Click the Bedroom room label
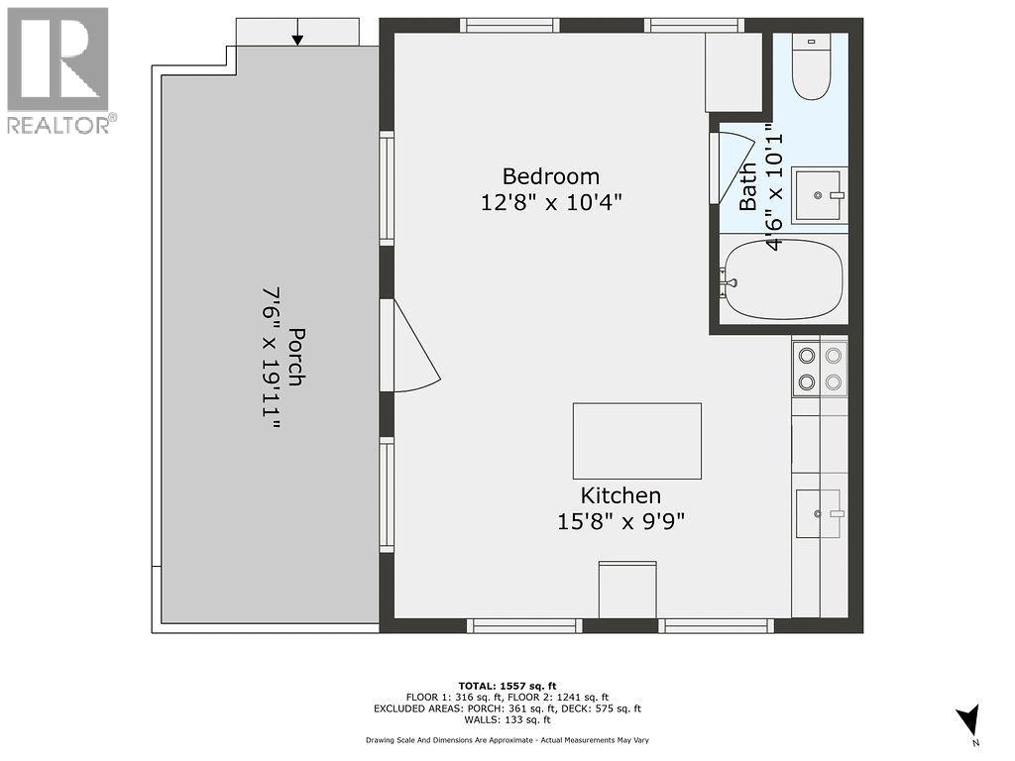[x=551, y=176]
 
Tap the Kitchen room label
[x=620, y=495]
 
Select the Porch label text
[x=296, y=357]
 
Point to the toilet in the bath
[x=812, y=67]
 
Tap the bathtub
[x=784, y=279]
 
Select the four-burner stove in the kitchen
[x=820, y=369]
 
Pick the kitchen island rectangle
[x=637, y=441]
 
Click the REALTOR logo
[x=58, y=70]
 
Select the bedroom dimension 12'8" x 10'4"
[x=551, y=202]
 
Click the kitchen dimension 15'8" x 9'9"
[x=620, y=521]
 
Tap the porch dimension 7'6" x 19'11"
[x=272, y=361]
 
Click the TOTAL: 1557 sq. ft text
[x=507, y=686]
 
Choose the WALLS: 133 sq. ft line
[x=507, y=719]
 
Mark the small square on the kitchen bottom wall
[x=627, y=590]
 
